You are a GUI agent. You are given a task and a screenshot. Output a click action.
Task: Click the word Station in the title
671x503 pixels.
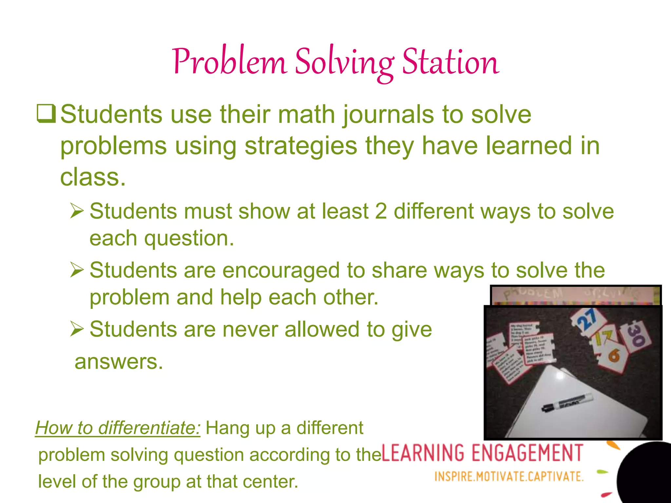coord(451,62)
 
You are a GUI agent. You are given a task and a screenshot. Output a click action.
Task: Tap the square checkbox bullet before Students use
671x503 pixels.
coord(46,113)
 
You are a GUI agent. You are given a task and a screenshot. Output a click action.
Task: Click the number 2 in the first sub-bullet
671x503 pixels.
coord(381,211)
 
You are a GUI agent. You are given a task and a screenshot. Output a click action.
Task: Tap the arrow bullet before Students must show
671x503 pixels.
coord(77,211)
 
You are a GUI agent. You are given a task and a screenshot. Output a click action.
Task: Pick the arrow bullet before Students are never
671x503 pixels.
coord(77,329)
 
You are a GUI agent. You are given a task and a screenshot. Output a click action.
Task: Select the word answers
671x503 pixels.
coord(119,362)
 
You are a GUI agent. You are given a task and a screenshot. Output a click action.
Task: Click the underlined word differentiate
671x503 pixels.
coord(149,428)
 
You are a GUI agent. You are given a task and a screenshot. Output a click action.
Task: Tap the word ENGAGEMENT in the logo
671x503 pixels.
coord(527,453)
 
